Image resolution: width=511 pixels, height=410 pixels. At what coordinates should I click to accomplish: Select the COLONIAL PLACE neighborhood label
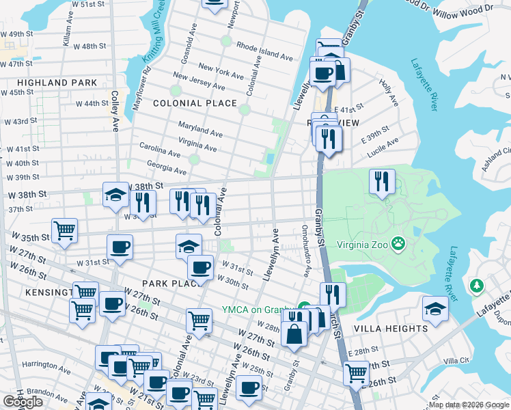(195, 104)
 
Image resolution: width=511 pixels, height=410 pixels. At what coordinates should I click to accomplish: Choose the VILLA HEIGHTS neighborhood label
(390, 328)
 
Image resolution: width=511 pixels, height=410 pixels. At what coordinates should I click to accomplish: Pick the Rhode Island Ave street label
(264, 47)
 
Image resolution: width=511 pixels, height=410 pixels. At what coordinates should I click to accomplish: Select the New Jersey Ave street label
(198, 81)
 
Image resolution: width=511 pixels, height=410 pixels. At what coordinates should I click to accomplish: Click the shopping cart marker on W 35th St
(64, 230)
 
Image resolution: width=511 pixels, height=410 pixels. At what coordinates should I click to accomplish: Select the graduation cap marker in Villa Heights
(435, 308)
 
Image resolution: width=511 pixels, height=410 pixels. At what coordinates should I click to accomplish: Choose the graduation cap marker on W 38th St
(115, 195)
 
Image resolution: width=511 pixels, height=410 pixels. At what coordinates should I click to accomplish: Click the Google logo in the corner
(23, 402)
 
